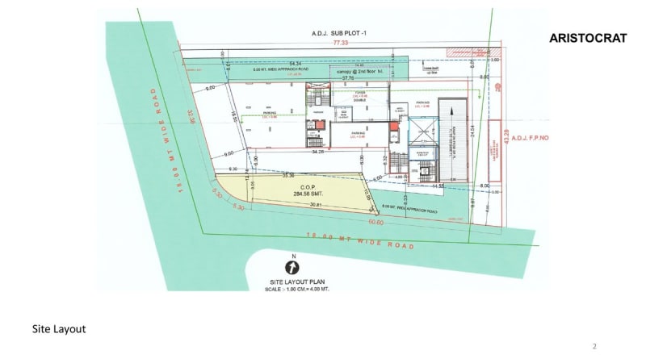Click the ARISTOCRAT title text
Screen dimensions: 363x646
pyautogui.click(x=588, y=38)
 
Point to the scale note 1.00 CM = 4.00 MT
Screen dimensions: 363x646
pyautogui.click(x=300, y=289)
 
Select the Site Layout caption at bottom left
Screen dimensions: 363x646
pyautogui.click(x=59, y=329)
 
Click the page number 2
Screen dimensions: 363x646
pyautogui.click(x=594, y=347)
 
